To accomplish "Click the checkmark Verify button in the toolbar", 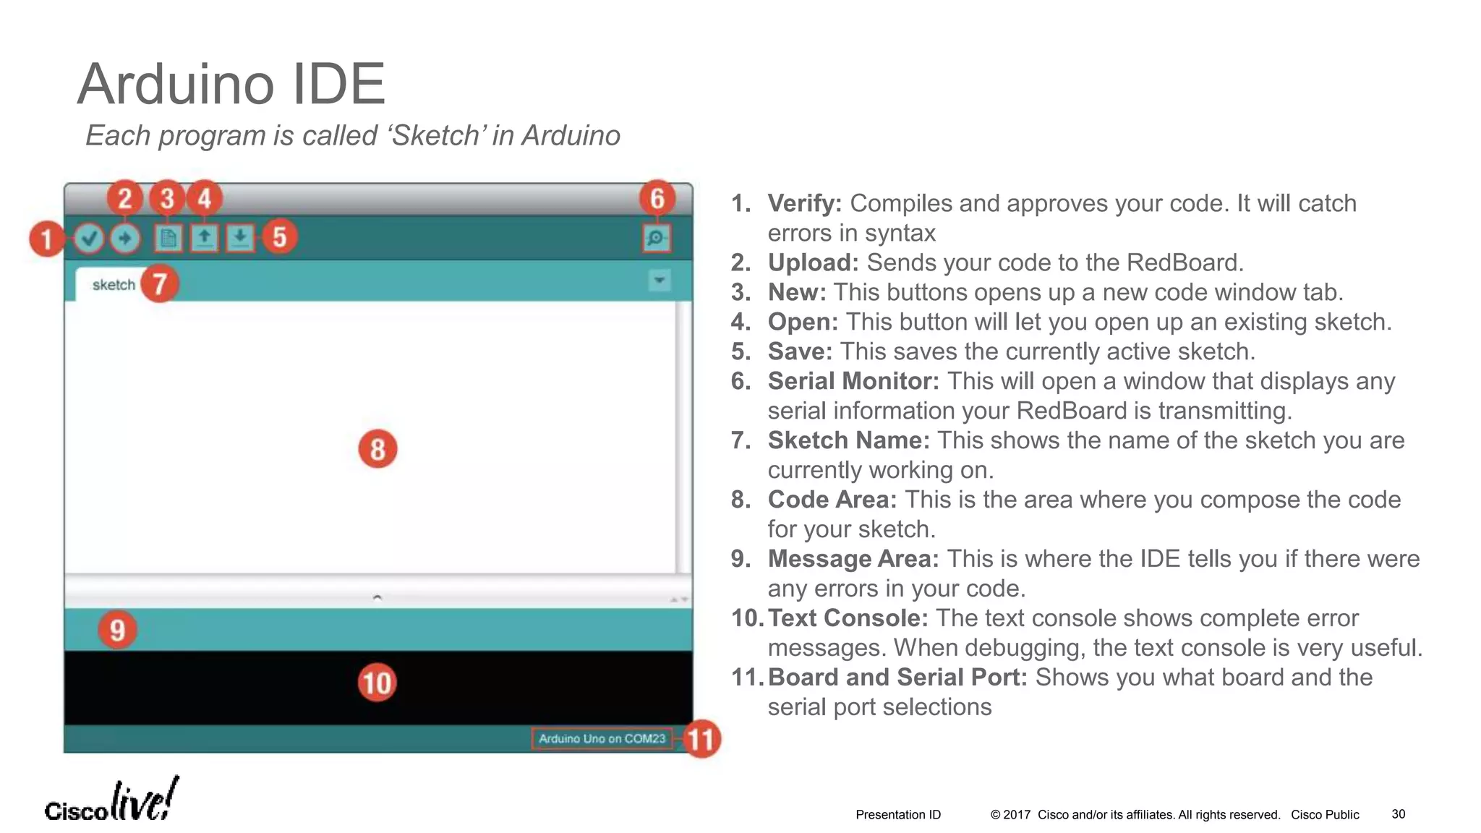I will pos(89,238).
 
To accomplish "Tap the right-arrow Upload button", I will pos(125,238).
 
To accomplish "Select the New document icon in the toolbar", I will pos(168,238).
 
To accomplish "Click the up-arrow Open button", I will pos(205,237).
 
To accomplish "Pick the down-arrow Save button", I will pos(240,237).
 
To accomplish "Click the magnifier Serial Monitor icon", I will pos(657,238).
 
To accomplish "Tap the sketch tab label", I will pos(114,285).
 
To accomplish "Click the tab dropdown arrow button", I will pos(660,280).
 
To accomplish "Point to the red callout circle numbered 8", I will pos(377,449).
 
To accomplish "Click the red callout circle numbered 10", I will pos(377,683).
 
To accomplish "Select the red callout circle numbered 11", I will pos(701,739).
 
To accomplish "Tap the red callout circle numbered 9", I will pos(117,629).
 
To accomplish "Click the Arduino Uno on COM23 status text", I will pos(602,738).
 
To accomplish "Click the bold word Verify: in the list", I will pos(804,203).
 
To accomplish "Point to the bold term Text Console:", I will pos(848,618).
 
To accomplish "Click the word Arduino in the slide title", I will pos(176,84).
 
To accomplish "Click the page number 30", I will pos(1399,814).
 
